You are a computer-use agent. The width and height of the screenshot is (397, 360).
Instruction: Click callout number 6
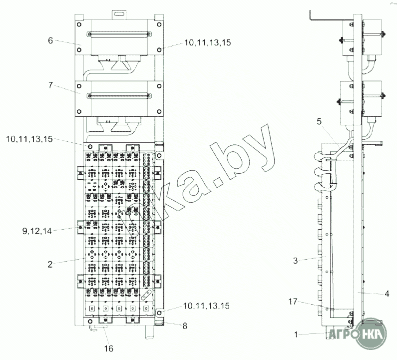click(50, 40)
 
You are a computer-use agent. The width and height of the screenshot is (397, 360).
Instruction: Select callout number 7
click(50, 85)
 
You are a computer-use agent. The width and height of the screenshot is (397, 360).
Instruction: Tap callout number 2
click(50, 264)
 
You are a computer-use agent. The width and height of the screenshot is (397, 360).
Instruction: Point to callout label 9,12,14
click(37, 231)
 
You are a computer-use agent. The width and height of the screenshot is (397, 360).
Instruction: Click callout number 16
click(109, 349)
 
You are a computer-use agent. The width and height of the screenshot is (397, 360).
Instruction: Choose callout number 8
click(185, 326)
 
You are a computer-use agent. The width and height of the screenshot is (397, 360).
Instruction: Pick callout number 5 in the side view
click(319, 121)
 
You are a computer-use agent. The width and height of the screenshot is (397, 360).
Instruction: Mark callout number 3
click(295, 261)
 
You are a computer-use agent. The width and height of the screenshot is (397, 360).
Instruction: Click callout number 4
click(387, 294)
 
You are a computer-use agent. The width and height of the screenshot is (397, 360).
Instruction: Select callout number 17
click(293, 302)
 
